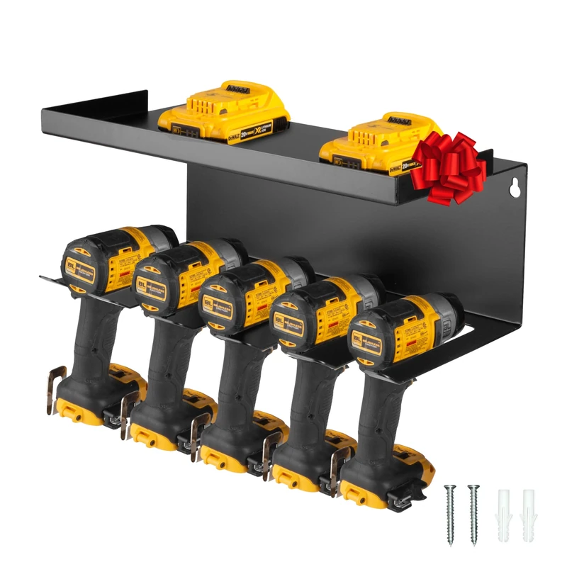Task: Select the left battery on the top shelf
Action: [223, 111]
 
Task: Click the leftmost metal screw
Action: [450, 514]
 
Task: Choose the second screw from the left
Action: [473, 514]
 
